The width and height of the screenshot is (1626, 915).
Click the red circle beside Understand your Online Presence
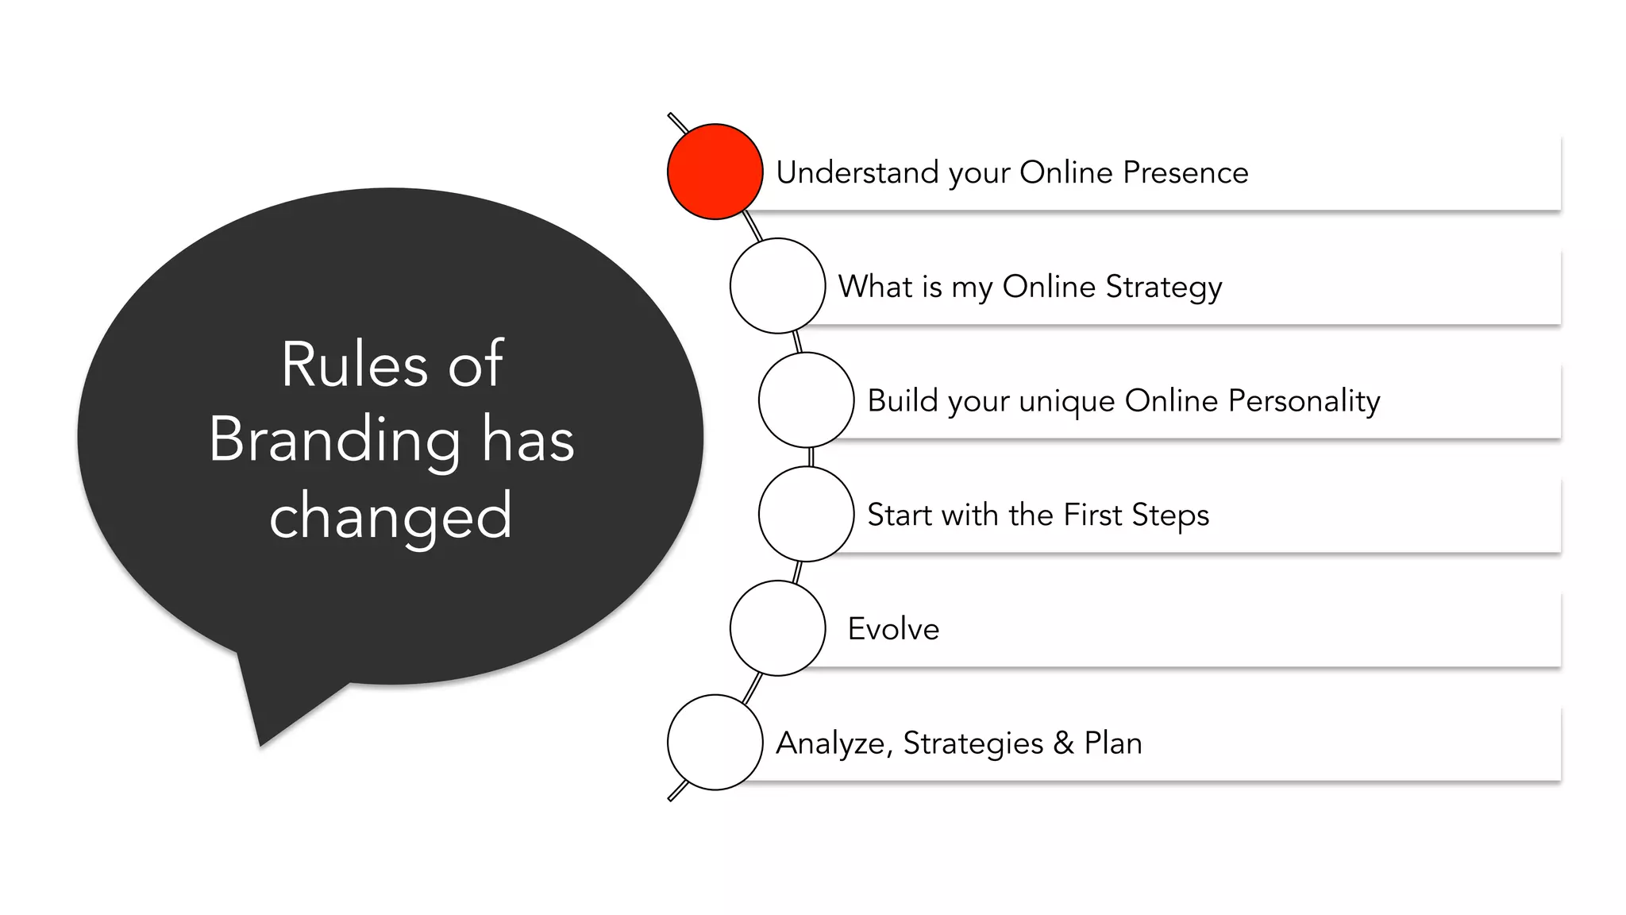pyautogui.click(x=715, y=172)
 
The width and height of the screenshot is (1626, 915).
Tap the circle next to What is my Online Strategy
pyautogui.click(x=777, y=286)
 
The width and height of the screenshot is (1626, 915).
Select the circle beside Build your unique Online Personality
pyautogui.click(x=806, y=400)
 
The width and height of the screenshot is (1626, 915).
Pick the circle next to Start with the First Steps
pyautogui.click(x=806, y=514)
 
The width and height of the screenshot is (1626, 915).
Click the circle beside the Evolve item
pyautogui.click(x=777, y=628)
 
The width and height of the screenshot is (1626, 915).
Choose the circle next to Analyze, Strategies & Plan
pyautogui.click(x=715, y=743)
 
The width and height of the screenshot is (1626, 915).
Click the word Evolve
pyautogui.click(x=893, y=629)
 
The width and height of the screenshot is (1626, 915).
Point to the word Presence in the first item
pyautogui.click(x=1185, y=172)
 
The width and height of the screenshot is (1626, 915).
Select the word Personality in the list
pyautogui.click(x=1304, y=401)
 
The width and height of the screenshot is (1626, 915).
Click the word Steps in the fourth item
pyautogui.click(x=1170, y=515)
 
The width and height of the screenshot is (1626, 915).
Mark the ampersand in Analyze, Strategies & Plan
pyautogui.click(x=1063, y=743)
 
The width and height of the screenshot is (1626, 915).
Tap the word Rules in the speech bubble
pyautogui.click(x=354, y=365)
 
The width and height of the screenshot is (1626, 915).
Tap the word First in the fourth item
pyautogui.click(x=1092, y=515)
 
